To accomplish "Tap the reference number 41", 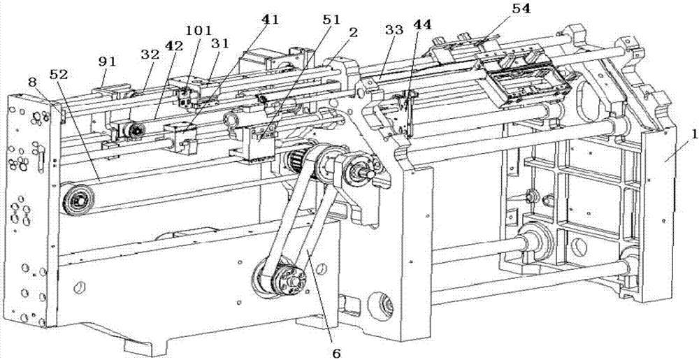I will click(x=270, y=20).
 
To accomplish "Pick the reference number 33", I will click(x=394, y=31).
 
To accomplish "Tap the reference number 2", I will click(x=354, y=32).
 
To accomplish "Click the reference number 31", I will click(x=220, y=43).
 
